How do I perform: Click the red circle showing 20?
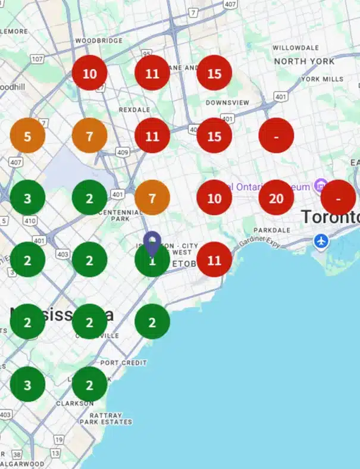[x=276, y=197]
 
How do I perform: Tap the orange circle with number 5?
[x=27, y=136]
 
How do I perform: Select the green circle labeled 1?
[x=152, y=260]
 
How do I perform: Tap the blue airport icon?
[x=322, y=241]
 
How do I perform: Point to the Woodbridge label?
[x=99, y=40]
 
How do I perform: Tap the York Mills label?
[x=322, y=79]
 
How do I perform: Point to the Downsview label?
[x=227, y=102]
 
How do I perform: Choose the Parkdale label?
[x=271, y=229]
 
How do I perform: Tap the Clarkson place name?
[x=75, y=403]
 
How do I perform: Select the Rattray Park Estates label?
[x=111, y=418]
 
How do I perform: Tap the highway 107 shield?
[x=37, y=59]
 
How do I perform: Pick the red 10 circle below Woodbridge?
[x=89, y=73]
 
